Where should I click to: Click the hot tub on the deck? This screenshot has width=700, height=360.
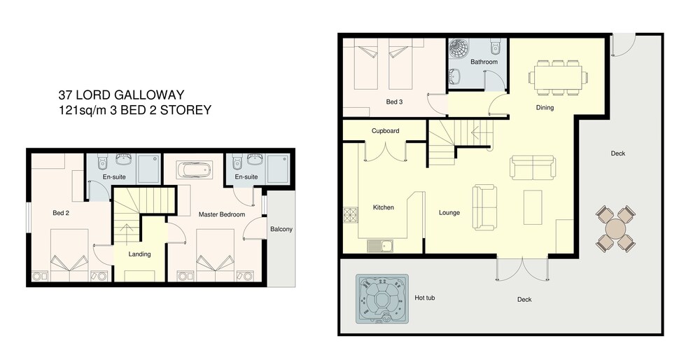[382, 298]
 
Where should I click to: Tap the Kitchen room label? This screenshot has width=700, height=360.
[384, 207]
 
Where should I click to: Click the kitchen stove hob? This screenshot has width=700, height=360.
[351, 214]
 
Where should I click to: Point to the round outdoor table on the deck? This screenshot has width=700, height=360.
[615, 229]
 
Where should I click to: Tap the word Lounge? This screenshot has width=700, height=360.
[449, 213]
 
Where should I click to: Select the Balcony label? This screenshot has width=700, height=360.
[281, 229]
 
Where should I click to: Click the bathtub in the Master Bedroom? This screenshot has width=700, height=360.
[194, 169]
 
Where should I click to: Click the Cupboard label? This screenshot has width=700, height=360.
[385, 131]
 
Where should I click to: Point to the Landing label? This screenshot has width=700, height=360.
[140, 254]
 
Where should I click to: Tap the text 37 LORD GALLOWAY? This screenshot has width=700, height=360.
[121, 95]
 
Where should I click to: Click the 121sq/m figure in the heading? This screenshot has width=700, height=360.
[80, 110]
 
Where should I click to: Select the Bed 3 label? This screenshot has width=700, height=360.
[394, 102]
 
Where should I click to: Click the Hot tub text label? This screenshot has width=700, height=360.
[425, 298]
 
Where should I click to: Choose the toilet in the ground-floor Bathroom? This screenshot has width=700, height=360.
[496, 46]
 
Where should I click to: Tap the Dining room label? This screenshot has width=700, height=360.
[545, 107]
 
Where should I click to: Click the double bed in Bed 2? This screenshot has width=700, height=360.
[69, 255]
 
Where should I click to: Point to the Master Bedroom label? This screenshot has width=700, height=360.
[221, 214]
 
